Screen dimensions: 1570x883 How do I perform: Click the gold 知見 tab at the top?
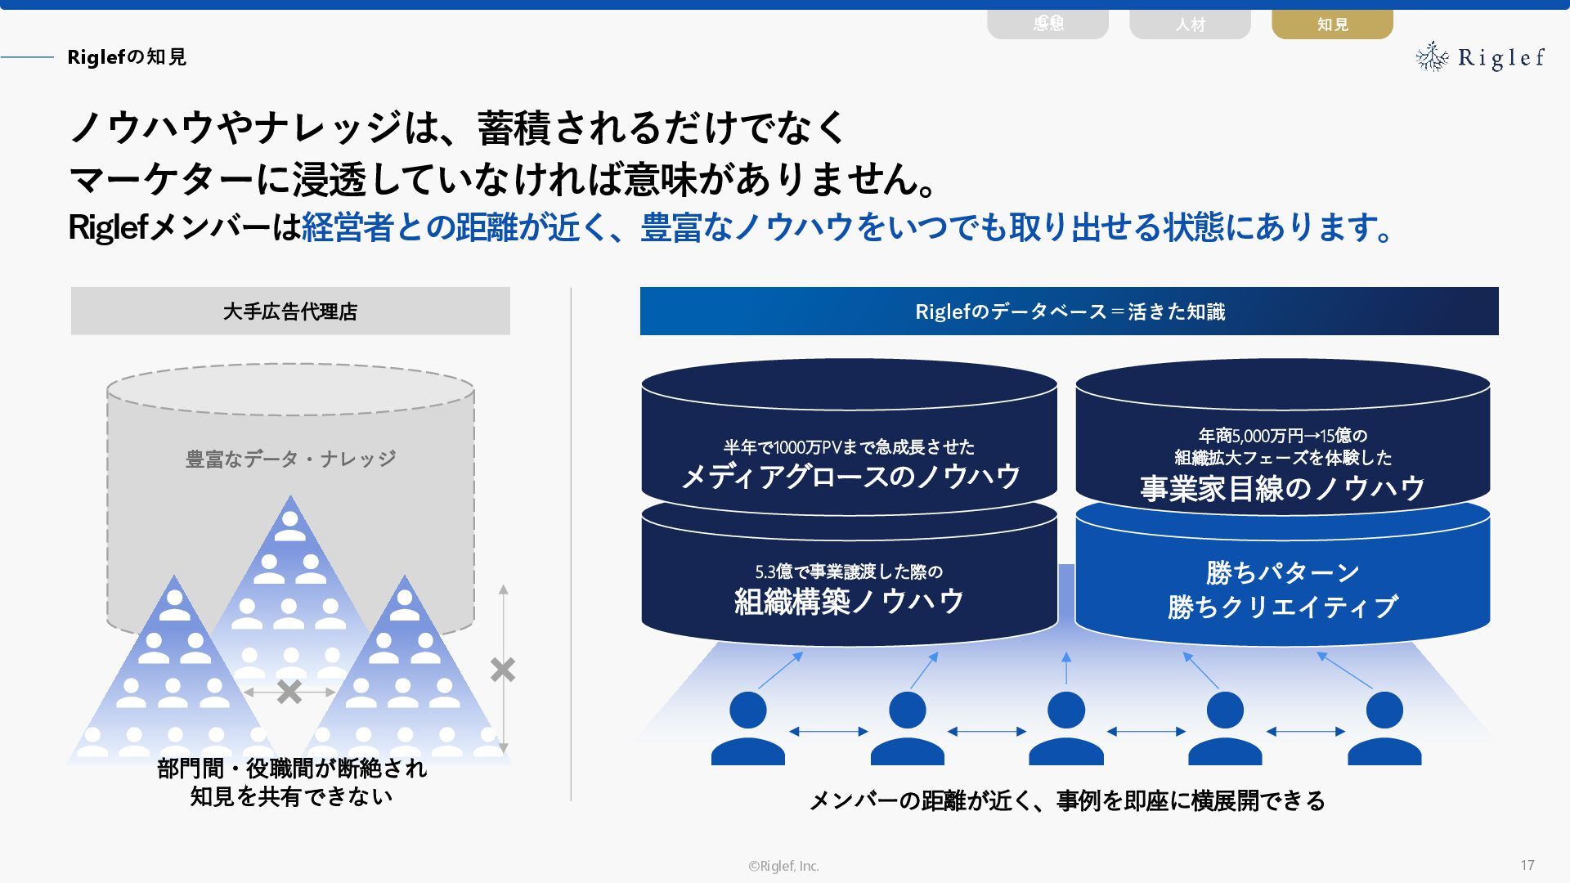click(x=1332, y=24)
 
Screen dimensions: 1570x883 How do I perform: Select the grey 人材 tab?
click(x=1190, y=24)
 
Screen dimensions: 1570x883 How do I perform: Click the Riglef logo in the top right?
click(x=1480, y=57)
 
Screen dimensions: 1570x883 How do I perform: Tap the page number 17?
click(x=1527, y=865)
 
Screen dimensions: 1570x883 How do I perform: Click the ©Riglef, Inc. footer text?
click(x=783, y=866)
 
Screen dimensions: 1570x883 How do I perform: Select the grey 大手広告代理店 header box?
click(x=290, y=311)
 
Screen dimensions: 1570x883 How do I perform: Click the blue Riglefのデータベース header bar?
click(x=1069, y=311)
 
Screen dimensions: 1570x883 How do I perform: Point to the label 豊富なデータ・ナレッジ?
click(x=290, y=459)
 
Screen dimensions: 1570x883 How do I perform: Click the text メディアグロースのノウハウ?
click(x=850, y=476)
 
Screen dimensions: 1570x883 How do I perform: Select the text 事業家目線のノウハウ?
click(x=1282, y=488)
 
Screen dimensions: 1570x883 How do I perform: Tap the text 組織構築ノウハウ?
click(x=850, y=601)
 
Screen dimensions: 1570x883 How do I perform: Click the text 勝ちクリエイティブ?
click(x=1282, y=607)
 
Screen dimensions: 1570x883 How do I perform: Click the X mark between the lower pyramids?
click(x=289, y=692)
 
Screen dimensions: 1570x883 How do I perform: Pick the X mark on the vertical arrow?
click(x=503, y=670)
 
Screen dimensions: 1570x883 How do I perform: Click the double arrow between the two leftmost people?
click(x=828, y=732)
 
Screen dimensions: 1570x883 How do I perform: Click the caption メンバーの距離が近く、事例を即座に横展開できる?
click(x=1067, y=800)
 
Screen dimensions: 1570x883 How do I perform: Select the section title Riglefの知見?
click(x=127, y=56)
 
